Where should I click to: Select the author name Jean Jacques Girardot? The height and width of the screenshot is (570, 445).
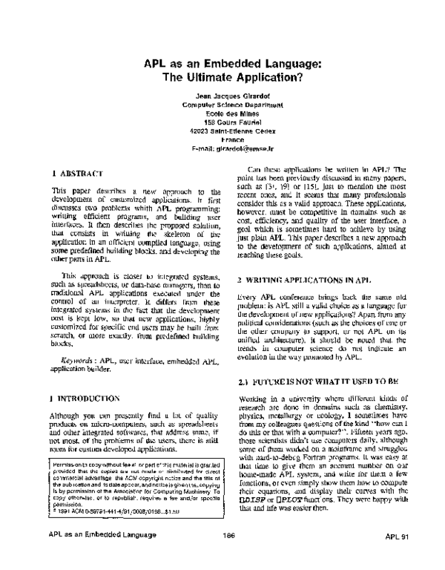[x=222, y=97]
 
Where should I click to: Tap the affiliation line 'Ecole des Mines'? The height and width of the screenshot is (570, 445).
[x=222, y=114]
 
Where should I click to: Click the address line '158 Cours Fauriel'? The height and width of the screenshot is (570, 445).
[x=222, y=122]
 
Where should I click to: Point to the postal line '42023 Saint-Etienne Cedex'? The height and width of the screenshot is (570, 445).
[x=222, y=130]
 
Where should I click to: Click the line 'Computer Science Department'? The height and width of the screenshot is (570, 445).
[x=222, y=105]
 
